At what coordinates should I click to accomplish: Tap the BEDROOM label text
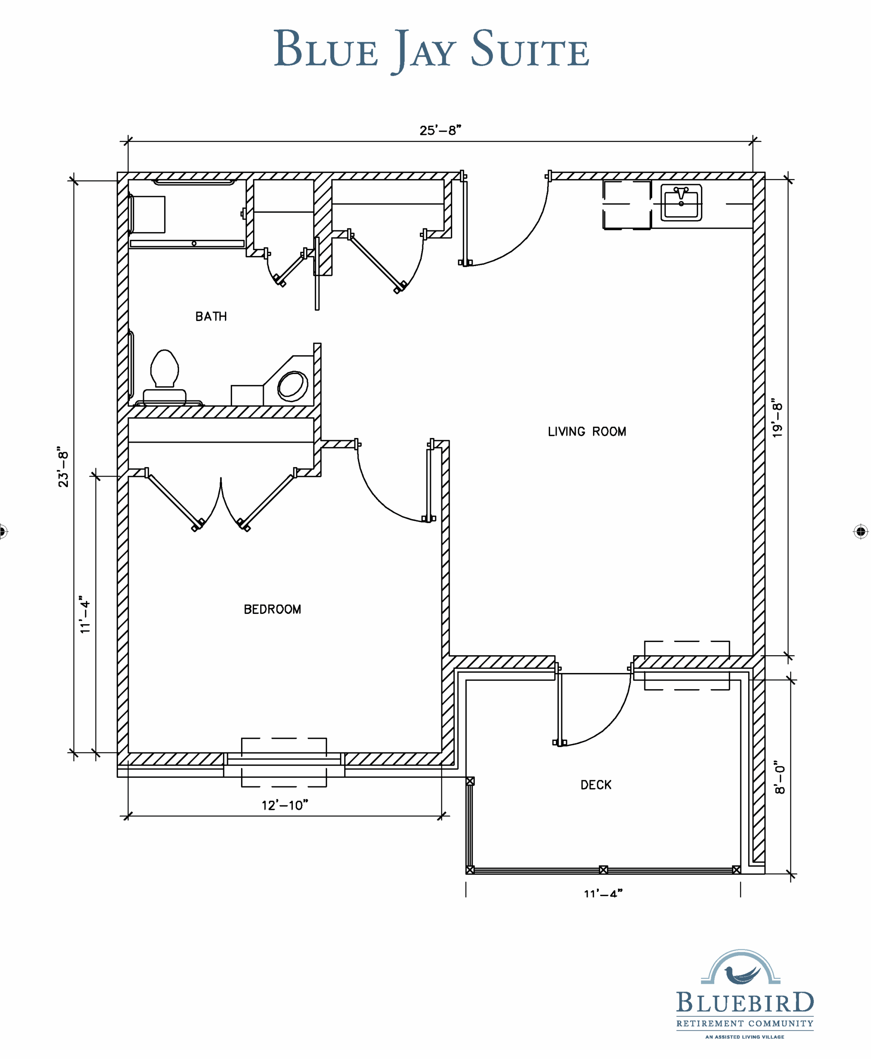pyautogui.click(x=273, y=609)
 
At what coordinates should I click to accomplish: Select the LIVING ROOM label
pyautogui.click(x=587, y=431)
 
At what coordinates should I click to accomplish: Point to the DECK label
pyautogui.click(x=596, y=785)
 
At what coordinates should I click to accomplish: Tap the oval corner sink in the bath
pyautogui.click(x=292, y=386)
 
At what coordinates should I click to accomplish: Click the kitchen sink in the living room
pyautogui.click(x=681, y=202)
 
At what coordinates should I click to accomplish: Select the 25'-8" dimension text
pyautogui.click(x=440, y=130)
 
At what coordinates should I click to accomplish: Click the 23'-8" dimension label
pyautogui.click(x=63, y=466)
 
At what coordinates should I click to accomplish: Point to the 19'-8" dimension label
pyautogui.click(x=777, y=419)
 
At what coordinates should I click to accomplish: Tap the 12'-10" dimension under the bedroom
pyautogui.click(x=285, y=805)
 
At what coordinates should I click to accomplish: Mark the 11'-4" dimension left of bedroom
pyautogui.click(x=85, y=614)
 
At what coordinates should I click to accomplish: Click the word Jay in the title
pyautogui.click(x=424, y=50)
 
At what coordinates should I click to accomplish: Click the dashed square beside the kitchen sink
pyautogui.click(x=627, y=205)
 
